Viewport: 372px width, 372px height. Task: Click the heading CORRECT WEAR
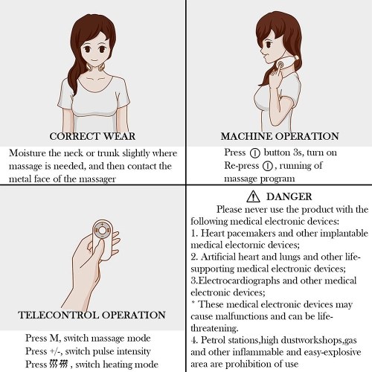[92, 136]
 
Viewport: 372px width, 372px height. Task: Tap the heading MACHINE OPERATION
[280, 136]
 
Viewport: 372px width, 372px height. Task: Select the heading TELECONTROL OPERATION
[92, 315]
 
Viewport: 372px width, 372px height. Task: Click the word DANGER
[289, 196]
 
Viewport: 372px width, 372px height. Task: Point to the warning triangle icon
[253, 196]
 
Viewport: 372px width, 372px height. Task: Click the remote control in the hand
[103, 240]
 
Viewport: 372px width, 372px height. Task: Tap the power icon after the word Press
[254, 153]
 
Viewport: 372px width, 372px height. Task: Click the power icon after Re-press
[268, 166]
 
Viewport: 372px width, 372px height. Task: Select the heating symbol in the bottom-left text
[58, 364]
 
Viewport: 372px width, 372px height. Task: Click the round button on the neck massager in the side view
[280, 65]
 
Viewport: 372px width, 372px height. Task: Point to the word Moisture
[28, 153]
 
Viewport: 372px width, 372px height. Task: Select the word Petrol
[213, 340]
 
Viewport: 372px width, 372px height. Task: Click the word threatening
[214, 328]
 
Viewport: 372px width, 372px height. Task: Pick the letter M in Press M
[54, 338]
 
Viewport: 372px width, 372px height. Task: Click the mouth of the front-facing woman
[94, 60]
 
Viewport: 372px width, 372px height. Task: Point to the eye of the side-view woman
[268, 45]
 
